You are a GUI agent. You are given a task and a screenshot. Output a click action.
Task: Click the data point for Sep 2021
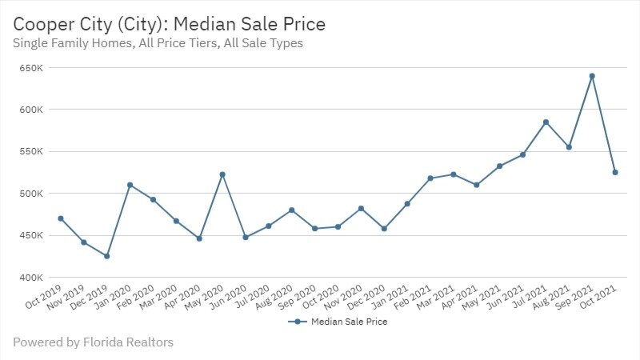(592, 76)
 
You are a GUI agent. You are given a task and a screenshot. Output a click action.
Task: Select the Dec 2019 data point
(106, 256)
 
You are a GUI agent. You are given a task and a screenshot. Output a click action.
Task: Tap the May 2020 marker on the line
(222, 174)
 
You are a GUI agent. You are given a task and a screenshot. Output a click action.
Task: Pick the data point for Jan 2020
(130, 185)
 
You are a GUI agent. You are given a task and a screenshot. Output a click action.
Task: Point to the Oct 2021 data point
(615, 172)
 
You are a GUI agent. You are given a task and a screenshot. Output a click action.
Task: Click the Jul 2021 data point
(546, 122)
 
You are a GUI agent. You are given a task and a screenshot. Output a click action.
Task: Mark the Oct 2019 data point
(60, 218)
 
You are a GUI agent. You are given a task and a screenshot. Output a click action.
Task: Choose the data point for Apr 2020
(199, 238)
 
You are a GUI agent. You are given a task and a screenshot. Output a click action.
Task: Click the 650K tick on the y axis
(30, 67)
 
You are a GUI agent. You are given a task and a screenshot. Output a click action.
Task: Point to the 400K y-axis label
(30, 278)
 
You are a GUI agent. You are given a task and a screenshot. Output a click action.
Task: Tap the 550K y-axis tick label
(30, 151)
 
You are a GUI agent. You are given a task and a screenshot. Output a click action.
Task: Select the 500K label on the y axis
(30, 194)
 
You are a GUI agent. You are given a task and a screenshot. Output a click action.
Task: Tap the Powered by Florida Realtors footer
(93, 342)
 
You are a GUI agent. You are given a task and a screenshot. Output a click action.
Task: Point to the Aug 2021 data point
(569, 147)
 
